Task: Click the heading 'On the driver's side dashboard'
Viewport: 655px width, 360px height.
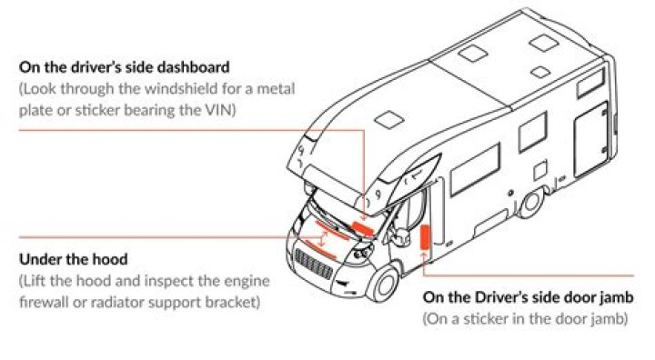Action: (x=124, y=67)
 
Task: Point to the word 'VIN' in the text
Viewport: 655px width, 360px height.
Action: (x=217, y=110)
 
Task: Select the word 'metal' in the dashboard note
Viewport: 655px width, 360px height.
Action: (x=276, y=88)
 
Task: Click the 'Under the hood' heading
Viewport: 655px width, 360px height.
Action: (x=73, y=259)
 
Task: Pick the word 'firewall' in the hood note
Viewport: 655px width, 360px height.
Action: (x=44, y=302)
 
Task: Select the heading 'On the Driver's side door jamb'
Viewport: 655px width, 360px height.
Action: (x=528, y=297)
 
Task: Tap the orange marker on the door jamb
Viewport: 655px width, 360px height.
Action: (x=425, y=237)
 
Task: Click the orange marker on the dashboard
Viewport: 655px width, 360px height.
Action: (x=363, y=229)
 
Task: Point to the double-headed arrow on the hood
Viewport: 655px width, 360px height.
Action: (x=322, y=238)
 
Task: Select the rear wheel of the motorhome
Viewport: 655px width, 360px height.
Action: (x=531, y=203)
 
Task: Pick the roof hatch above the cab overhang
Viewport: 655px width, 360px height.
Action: (x=389, y=120)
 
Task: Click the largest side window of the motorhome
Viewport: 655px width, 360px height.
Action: (x=476, y=170)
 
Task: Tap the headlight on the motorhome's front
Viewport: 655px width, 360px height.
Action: (x=362, y=253)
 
